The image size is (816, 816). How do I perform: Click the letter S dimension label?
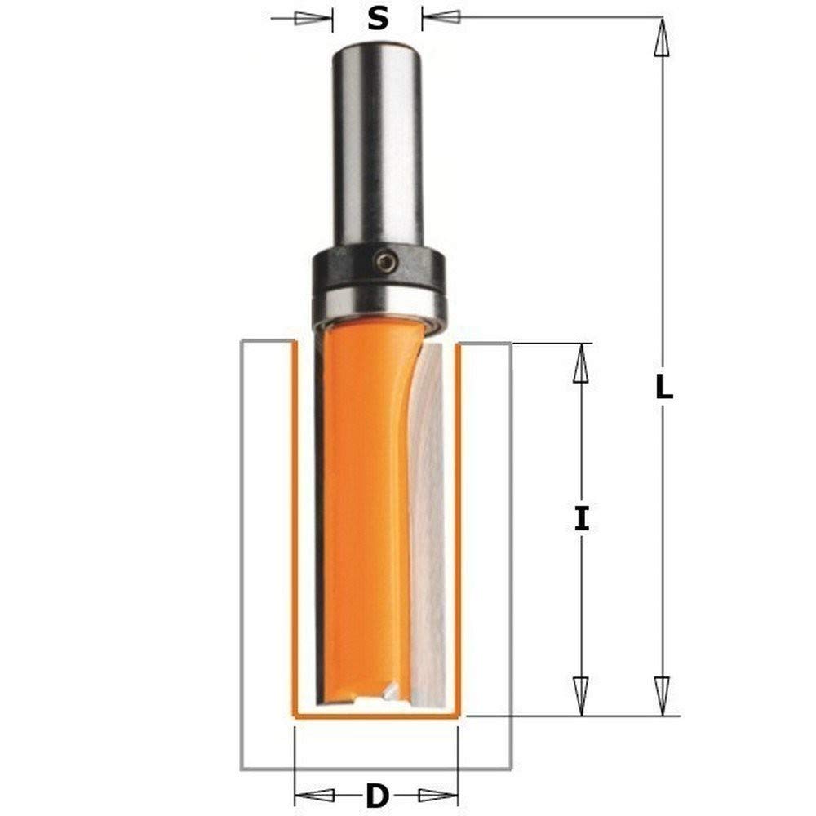click(377, 17)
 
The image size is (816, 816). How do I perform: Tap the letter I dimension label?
click(581, 519)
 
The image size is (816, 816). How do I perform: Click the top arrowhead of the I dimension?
click(581, 363)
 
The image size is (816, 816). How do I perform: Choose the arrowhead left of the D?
click(314, 794)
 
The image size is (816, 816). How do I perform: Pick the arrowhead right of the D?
click(437, 794)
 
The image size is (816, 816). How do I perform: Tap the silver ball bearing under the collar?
click(378, 306)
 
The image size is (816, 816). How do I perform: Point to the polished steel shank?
click(376, 147)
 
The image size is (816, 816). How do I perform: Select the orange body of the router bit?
click(363, 506)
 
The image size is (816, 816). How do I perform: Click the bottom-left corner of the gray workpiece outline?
click(242, 768)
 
